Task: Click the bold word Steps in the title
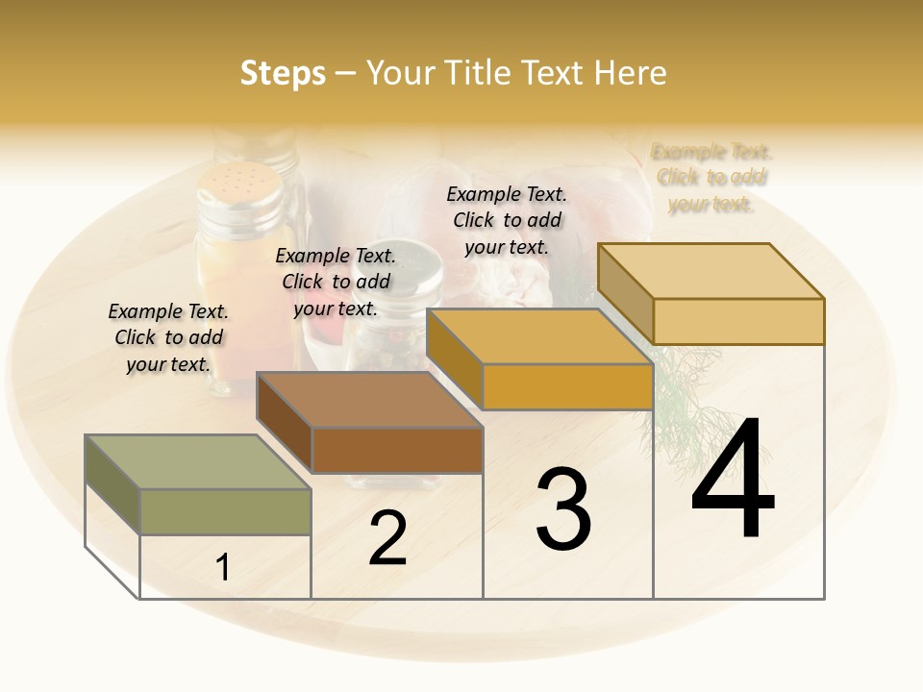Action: [x=283, y=73]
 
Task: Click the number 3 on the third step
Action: [x=563, y=509]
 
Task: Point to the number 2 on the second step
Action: [x=387, y=538]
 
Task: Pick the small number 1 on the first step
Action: [x=223, y=568]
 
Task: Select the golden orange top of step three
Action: [x=539, y=336]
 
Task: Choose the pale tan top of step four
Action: [x=711, y=271]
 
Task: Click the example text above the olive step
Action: [x=168, y=337]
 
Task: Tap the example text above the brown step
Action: [x=336, y=282]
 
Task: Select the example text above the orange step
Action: [x=507, y=220]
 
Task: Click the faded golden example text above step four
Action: [x=711, y=178]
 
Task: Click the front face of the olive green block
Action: [x=225, y=511]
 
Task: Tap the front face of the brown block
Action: [x=397, y=450]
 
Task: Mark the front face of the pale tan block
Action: [x=738, y=321]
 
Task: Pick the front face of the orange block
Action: [x=567, y=386]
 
